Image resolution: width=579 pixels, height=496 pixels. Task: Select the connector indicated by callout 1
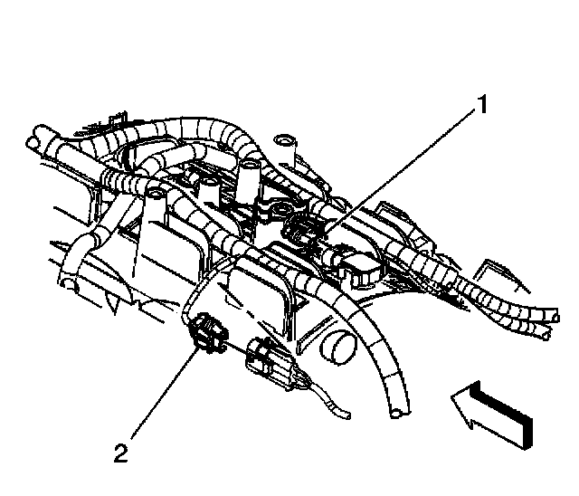click(x=303, y=230)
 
